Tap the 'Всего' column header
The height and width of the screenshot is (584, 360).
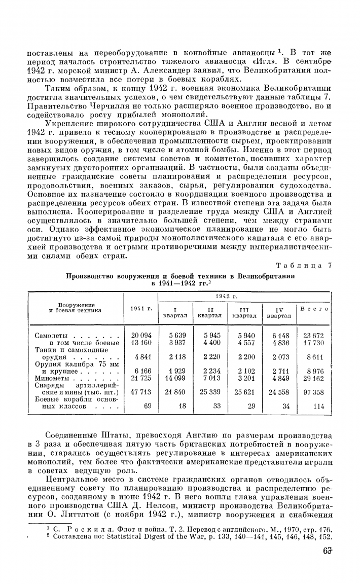click(x=314, y=309)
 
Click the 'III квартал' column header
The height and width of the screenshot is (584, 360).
click(x=244, y=312)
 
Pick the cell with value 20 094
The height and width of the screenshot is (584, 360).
click(x=141, y=336)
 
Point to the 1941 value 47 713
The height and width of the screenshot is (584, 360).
click(x=141, y=392)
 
